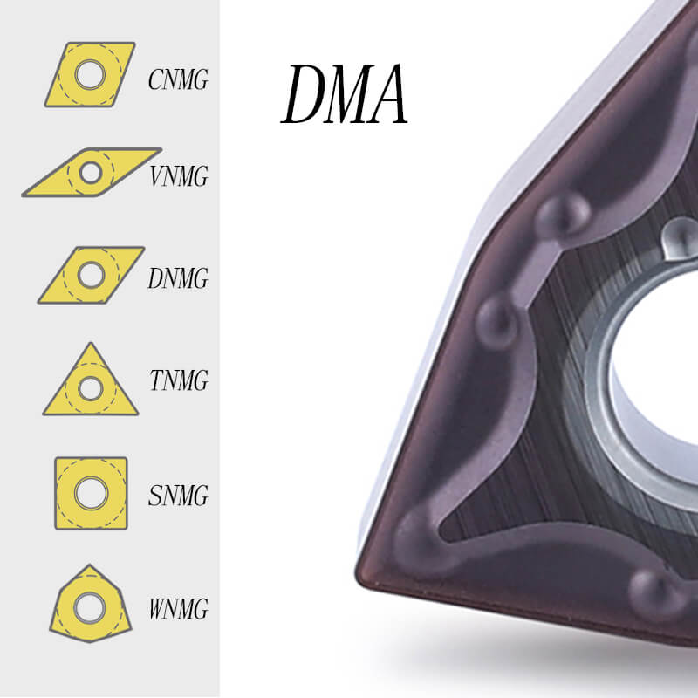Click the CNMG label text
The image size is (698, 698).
coord(178,79)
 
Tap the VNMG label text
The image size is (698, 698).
coord(179,176)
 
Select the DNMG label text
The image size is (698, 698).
coord(178,278)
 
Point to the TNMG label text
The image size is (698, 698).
coord(179,380)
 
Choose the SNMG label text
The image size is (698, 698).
coord(178,495)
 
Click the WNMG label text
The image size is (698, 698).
coord(179,608)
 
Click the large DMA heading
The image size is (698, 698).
coord(344,93)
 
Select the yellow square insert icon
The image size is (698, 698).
coord(91,493)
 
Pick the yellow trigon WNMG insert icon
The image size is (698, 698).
coord(91,604)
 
